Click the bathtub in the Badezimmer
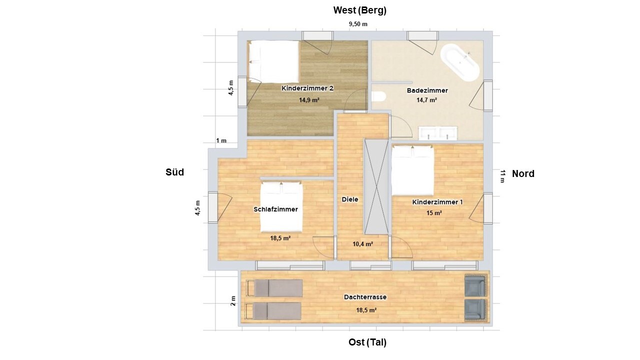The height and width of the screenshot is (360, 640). click(x=459, y=63)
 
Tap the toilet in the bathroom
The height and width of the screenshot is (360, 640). click(x=379, y=96)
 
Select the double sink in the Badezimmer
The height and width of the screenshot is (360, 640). click(x=437, y=133)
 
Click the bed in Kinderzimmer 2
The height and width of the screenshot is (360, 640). click(x=273, y=61)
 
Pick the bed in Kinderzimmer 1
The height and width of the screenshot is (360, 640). click(x=412, y=170)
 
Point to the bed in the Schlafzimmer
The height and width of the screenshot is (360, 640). click(x=281, y=207)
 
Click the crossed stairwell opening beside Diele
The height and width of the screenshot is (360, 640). click(x=376, y=187)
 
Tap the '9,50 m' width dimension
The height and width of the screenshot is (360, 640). click(x=358, y=24)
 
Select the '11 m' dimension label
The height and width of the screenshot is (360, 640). click(x=502, y=176)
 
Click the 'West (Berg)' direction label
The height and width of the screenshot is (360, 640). click(x=359, y=10)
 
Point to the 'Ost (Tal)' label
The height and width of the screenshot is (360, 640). click(x=367, y=342)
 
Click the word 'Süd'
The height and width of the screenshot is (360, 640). click(x=174, y=172)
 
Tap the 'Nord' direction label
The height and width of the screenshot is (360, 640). click(x=523, y=173)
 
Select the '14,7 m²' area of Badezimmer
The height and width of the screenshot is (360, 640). click(x=426, y=100)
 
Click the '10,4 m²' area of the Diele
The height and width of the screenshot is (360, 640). click(x=362, y=244)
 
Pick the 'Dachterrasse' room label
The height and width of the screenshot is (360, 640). click(x=365, y=297)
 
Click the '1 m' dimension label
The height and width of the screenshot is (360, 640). click(x=221, y=140)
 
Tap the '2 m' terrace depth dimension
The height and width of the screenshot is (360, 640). click(x=233, y=301)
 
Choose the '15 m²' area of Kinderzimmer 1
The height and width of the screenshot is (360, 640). click(x=434, y=213)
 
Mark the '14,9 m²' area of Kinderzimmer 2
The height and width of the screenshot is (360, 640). click(x=309, y=100)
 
